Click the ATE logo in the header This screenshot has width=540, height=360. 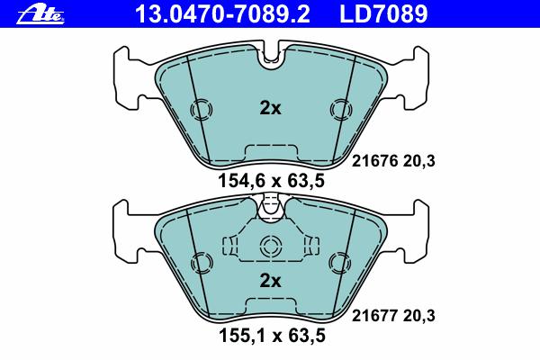click(x=40, y=15)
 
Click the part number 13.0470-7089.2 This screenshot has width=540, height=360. click(x=222, y=13)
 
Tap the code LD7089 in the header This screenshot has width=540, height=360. click(x=383, y=13)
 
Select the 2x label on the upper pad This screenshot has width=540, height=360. click(x=270, y=109)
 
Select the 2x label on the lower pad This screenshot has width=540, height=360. click(x=270, y=281)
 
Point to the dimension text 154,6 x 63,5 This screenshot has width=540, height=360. click(x=272, y=181)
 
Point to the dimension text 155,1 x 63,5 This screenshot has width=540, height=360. click(x=272, y=336)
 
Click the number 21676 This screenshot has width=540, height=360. click(x=374, y=161)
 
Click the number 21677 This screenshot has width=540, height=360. click(x=374, y=316)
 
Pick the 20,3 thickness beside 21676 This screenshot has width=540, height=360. click(x=418, y=162)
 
